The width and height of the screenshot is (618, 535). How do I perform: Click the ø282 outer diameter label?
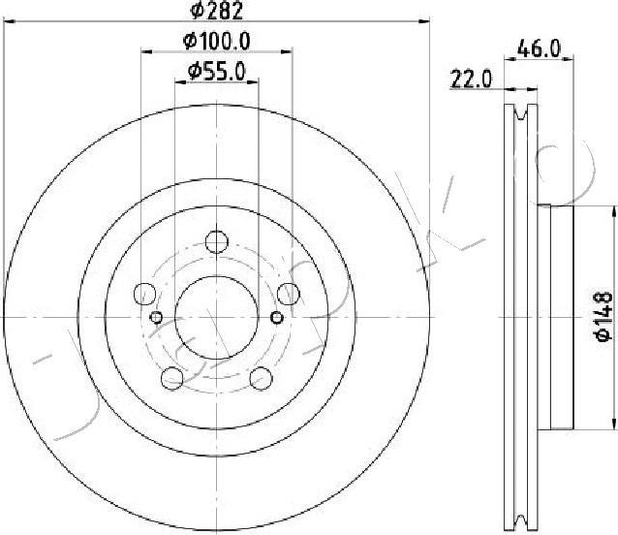(216, 11)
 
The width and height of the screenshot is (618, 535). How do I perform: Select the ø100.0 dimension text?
(217, 41)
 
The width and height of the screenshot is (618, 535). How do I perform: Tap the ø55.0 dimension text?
(217, 72)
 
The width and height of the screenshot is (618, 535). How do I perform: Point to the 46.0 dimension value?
(539, 48)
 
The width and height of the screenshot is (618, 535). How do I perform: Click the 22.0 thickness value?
(471, 79)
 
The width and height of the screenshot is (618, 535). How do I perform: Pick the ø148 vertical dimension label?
(603, 317)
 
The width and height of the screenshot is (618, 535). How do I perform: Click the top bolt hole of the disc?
(217, 241)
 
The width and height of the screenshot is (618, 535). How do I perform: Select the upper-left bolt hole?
(145, 294)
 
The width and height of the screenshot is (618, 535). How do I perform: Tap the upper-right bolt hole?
(289, 294)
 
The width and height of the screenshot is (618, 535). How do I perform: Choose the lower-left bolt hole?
(172, 378)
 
